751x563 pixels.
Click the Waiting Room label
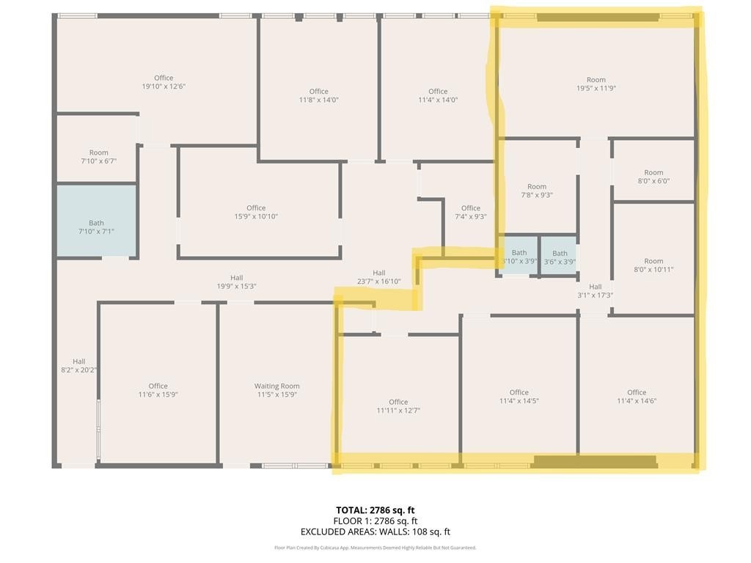(276, 390)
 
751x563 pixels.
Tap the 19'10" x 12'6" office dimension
(164, 87)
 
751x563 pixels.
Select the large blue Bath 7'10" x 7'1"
(96, 221)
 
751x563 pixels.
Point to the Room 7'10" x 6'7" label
(99, 157)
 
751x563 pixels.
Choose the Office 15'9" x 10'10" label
(256, 212)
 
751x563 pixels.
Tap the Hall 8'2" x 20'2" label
(79, 366)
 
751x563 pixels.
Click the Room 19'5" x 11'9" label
(596, 84)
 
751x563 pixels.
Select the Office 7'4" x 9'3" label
(471, 212)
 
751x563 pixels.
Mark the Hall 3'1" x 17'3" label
(596, 291)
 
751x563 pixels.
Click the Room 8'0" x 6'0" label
(653, 177)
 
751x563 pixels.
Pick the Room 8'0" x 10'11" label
(653, 265)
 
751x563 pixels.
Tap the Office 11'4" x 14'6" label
(637, 397)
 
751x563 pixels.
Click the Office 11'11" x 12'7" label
(398, 406)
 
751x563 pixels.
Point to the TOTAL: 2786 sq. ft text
(375, 510)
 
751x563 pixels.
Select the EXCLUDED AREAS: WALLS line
(375, 531)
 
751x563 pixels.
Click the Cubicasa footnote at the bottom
(375, 548)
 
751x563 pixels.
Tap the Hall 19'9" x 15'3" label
(237, 282)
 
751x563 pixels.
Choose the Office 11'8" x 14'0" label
(319, 96)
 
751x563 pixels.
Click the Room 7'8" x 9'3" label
(537, 191)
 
